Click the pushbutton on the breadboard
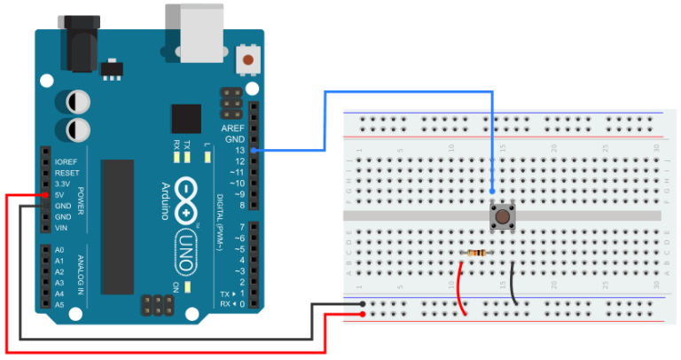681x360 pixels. (504, 215)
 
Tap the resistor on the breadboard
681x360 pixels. (475, 254)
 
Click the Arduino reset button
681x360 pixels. (250, 61)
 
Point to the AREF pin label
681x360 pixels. (232, 129)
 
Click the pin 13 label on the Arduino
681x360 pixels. (239, 151)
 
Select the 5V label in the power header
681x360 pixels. (59, 195)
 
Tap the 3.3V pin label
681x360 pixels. (63, 184)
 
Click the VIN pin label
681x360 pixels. (60, 228)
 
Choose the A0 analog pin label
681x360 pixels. (59, 251)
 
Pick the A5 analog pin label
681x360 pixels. (59, 304)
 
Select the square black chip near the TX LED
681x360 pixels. (186, 119)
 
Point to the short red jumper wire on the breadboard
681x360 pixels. (462, 288)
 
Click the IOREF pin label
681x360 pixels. (66, 162)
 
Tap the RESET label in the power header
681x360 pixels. (66, 173)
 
